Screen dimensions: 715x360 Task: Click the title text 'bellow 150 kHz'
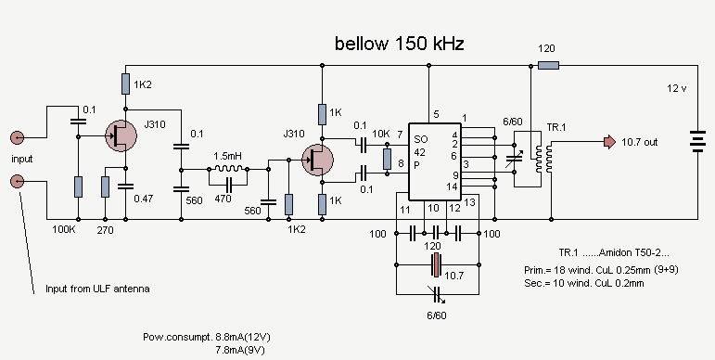[400, 44]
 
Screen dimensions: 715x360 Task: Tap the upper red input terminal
[18, 137]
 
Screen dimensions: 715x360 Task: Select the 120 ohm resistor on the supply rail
[548, 66]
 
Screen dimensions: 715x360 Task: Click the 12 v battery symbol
[697, 141]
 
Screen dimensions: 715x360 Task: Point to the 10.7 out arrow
[609, 142]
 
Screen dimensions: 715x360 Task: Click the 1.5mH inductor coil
[228, 169]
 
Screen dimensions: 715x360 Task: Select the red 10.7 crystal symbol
[437, 265]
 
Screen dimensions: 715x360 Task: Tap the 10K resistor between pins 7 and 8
[387, 159]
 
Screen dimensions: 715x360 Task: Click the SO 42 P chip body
[435, 161]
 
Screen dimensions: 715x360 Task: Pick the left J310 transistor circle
[121, 135]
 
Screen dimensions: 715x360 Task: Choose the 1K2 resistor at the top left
[126, 84]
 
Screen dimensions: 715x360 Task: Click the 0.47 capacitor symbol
[126, 186]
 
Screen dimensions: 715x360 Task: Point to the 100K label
[64, 229]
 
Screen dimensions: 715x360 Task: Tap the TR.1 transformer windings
[543, 159]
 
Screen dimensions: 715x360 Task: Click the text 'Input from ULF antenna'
[97, 289]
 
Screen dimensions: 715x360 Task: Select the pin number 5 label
[437, 114]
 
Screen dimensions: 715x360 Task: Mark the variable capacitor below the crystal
[438, 294]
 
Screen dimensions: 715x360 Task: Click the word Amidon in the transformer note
[615, 252]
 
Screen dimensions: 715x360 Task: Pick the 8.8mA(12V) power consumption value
[243, 338]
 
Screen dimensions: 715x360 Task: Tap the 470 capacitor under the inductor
[228, 186]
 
